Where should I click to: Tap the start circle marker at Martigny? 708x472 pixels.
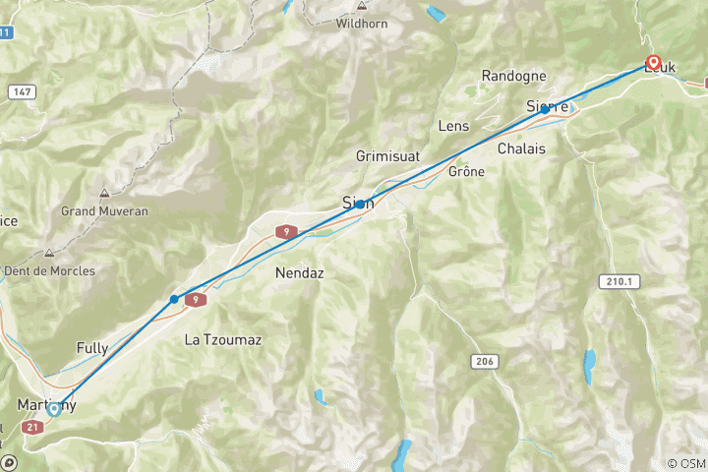[54, 409]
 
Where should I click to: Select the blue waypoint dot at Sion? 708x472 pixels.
[361, 204]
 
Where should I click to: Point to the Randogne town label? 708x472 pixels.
[512, 76]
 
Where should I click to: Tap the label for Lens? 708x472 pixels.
[453, 126]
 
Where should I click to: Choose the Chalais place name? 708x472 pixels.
[522, 148]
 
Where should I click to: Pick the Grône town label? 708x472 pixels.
[466, 170]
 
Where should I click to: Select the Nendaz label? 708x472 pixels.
[300, 272]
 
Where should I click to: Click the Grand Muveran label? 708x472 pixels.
[104, 210]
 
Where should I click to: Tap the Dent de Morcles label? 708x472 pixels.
[49, 270]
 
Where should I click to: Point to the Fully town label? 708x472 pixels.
[92, 348]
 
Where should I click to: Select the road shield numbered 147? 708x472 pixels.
[21, 90]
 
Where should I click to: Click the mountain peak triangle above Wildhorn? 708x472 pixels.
[362, 5]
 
